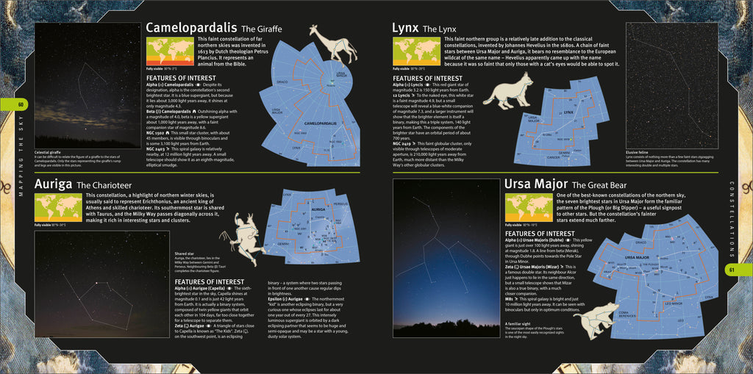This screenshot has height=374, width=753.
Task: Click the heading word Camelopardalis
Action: point(193,28)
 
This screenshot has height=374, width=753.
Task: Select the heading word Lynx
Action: point(404,28)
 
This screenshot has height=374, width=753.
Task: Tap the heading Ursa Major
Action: point(535,183)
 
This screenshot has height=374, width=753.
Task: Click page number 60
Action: point(21,104)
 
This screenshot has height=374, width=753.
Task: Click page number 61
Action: point(732,270)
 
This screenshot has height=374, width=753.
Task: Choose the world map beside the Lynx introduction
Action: point(416,51)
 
